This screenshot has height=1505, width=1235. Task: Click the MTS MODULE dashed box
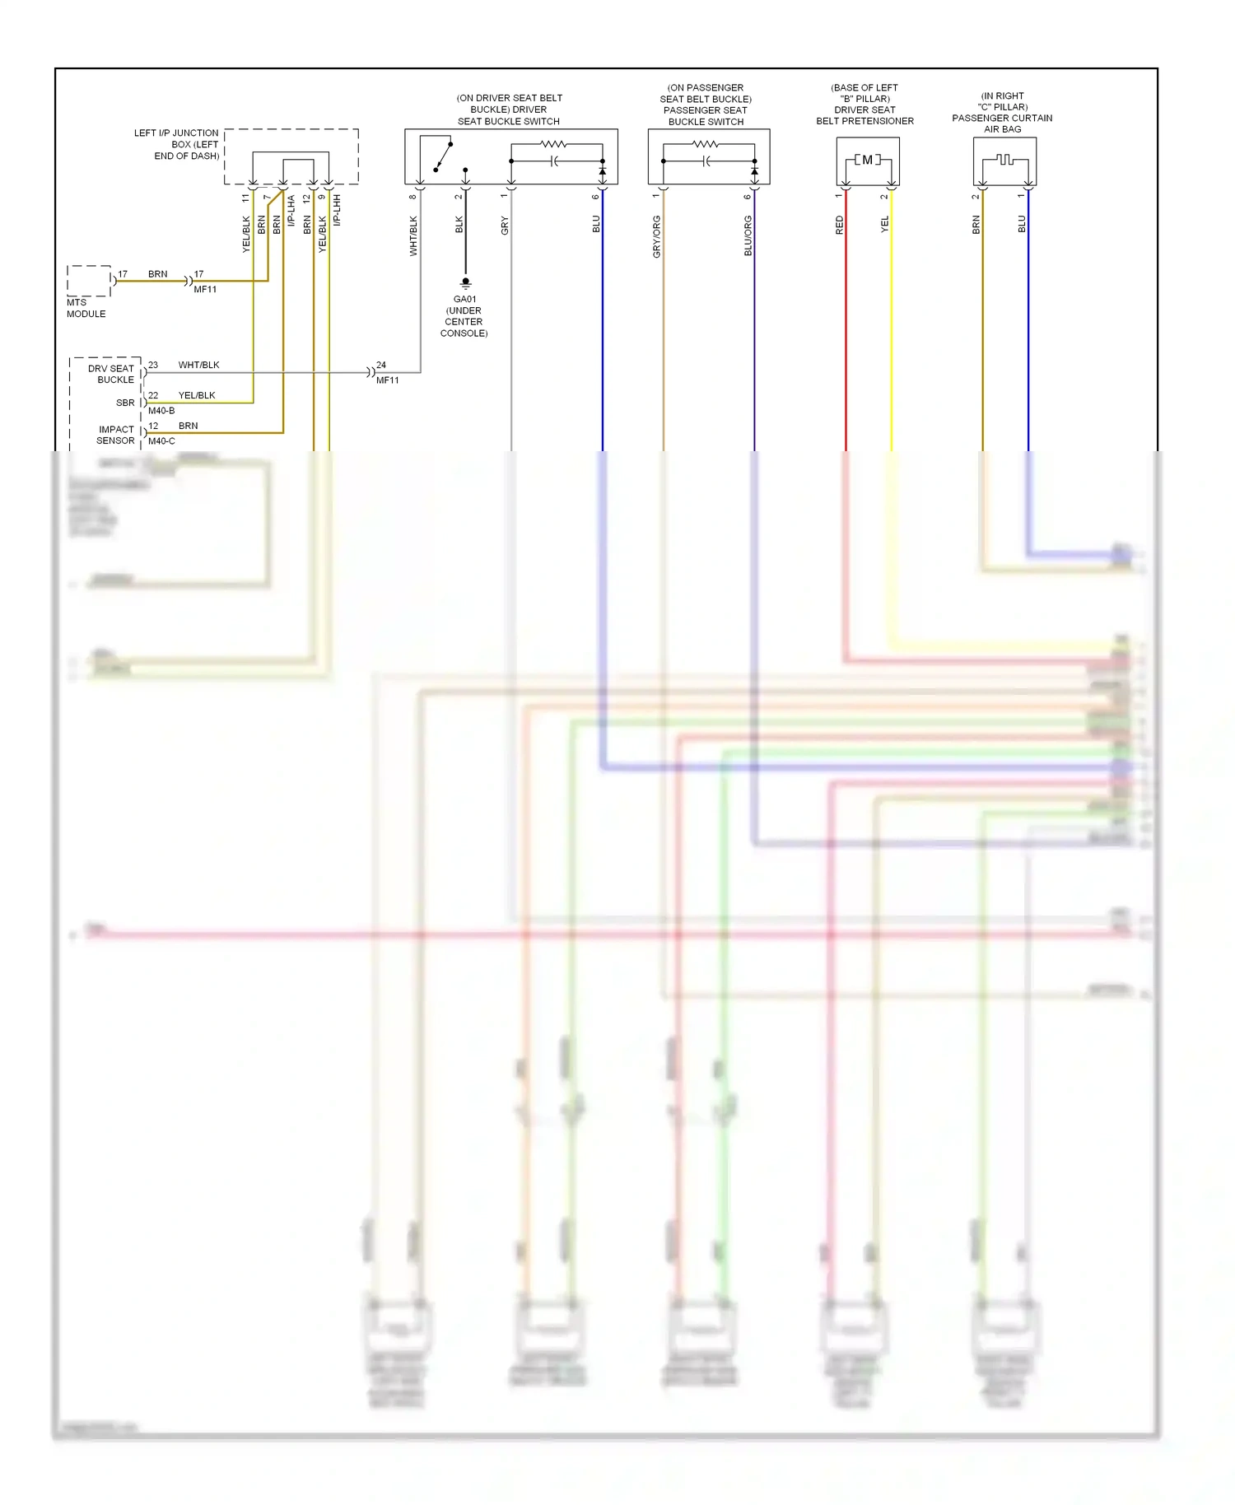click(x=89, y=281)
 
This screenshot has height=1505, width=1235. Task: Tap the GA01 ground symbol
click(x=465, y=283)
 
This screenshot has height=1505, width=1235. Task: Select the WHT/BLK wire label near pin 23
click(x=198, y=365)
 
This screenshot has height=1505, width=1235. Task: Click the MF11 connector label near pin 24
click(x=387, y=380)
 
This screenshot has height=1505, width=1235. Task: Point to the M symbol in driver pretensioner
click(x=867, y=160)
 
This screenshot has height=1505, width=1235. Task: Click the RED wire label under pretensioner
click(x=840, y=225)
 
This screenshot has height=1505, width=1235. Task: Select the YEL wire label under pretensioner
click(x=885, y=224)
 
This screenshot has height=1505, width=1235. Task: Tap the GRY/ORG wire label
click(x=657, y=237)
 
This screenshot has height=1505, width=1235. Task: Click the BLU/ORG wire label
click(x=748, y=236)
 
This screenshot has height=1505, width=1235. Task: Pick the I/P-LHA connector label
click(x=291, y=211)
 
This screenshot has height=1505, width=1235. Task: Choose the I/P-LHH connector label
click(x=338, y=210)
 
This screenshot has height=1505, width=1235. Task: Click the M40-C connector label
click(x=161, y=441)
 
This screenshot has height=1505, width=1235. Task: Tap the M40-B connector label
click(x=161, y=411)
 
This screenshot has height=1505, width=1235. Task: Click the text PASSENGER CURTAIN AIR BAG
click(x=1002, y=123)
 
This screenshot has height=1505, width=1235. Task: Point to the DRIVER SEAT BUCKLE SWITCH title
click(x=509, y=109)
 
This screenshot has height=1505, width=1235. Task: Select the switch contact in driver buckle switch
click(x=444, y=156)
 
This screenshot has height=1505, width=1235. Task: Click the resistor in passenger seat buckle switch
click(x=706, y=144)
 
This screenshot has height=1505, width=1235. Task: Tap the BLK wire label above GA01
click(x=459, y=225)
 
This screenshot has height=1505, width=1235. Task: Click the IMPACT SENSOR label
click(x=115, y=435)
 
